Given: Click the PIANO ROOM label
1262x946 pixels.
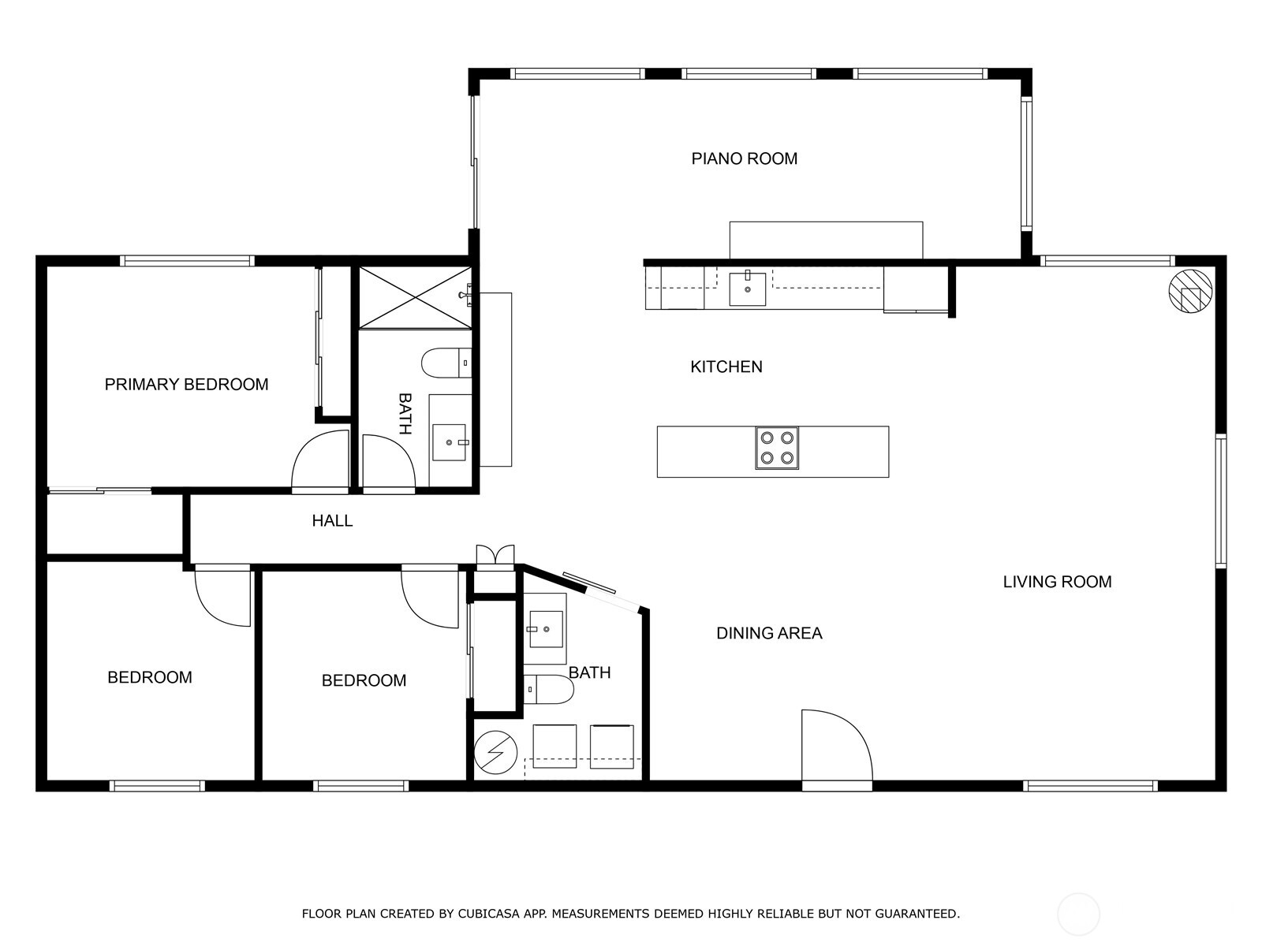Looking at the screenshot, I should coord(744,158).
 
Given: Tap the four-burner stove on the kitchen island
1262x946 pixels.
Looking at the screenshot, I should coord(777,448).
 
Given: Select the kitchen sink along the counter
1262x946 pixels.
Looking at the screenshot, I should coord(747,288).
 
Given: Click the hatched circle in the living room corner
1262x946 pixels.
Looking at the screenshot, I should coord(1189,292).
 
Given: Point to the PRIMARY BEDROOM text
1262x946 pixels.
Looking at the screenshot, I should coord(186,385).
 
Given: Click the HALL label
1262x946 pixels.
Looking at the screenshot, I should coord(332,521).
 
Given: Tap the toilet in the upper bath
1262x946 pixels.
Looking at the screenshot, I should coord(446,363).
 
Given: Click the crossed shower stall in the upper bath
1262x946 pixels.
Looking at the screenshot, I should coord(415,296).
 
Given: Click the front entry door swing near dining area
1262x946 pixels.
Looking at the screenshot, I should coord(834,745).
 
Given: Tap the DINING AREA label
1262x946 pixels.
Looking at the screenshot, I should coord(769,633).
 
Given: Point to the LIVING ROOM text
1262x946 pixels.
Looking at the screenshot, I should coord(1057,582).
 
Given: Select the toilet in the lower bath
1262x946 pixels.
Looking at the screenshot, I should coord(548,689).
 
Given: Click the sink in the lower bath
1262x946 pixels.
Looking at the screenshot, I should coord(546,628).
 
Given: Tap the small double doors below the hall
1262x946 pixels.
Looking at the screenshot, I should coord(495,555).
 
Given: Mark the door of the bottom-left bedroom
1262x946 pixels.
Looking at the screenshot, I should coord(223,598).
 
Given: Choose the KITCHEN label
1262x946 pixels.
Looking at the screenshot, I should coord(726,367).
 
